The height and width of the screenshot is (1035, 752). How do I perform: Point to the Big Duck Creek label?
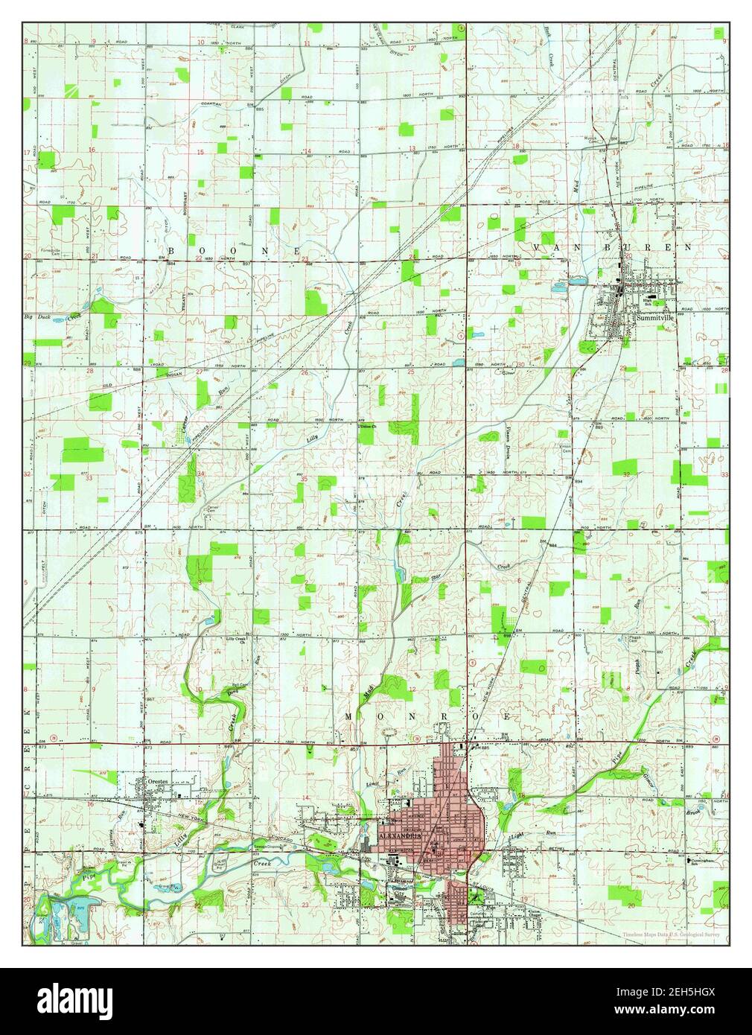pyautogui.click(x=51, y=318)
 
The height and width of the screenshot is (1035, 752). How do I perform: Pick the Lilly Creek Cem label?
pyautogui.click(x=237, y=639)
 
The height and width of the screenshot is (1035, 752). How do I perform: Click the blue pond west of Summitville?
pyautogui.click(x=578, y=282)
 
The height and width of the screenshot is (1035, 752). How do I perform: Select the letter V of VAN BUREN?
pyautogui.click(x=535, y=246)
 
